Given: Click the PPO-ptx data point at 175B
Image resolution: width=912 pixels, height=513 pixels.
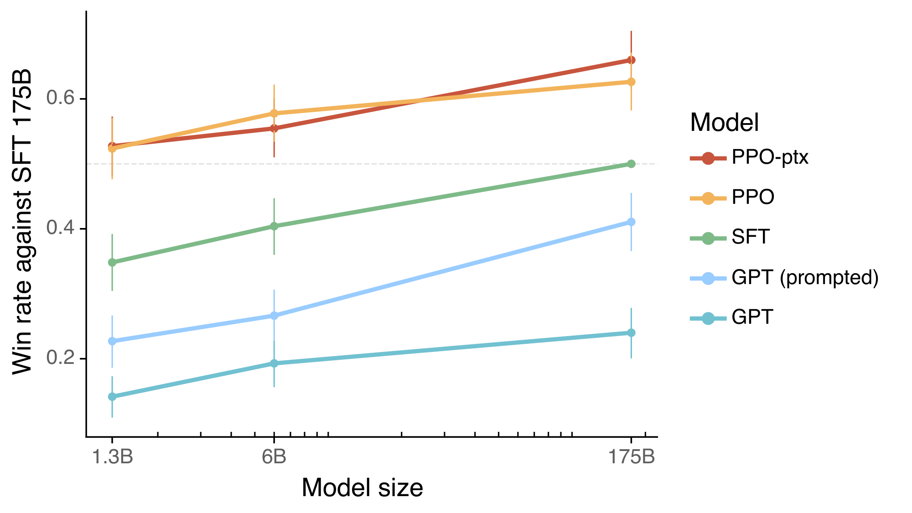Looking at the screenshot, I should tap(631, 60).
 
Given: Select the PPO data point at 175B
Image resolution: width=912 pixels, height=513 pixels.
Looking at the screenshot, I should tap(631, 82).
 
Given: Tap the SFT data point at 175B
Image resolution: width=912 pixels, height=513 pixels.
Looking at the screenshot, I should tap(631, 164).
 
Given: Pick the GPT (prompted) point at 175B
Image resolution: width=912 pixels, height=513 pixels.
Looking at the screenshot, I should tap(631, 222).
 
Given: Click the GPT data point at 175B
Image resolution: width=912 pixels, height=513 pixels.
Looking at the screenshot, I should tap(631, 333).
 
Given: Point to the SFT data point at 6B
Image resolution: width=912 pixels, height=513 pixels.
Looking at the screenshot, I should tap(274, 226).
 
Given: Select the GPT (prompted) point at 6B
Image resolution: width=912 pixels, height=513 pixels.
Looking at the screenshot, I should tap(274, 316).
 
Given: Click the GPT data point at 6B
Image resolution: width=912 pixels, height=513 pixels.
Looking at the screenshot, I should tap(274, 363).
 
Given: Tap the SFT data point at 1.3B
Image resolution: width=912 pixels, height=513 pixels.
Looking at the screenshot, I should tap(112, 262).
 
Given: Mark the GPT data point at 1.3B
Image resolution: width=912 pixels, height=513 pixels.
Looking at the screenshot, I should tap(112, 397).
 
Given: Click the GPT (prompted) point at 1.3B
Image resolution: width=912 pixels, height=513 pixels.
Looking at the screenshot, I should tap(112, 341).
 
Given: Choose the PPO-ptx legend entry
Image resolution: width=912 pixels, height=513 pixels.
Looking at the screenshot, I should tap(770, 158).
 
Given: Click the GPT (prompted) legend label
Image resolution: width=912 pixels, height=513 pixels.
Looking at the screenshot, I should tap(805, 278).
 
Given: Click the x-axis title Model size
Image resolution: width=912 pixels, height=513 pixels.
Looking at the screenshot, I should tap(363, 488).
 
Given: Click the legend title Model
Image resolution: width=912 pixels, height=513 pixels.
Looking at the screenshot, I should tap(725, 123).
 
